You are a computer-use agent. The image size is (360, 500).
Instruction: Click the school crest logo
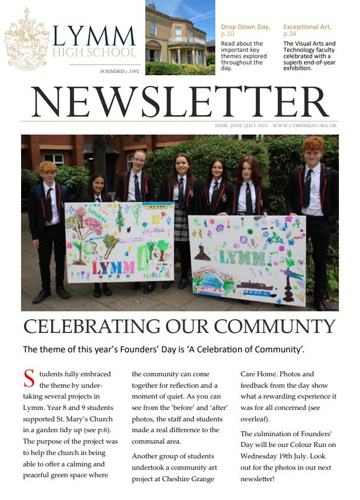(26, 39)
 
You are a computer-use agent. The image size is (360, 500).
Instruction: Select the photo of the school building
(180, 38)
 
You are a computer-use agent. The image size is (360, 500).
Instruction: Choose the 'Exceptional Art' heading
(307, 27)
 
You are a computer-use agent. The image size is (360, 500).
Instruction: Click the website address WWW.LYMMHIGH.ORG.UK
(305, 125)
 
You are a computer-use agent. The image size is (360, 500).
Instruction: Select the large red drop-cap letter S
(29, 379)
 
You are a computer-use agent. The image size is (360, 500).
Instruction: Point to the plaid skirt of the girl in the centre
(181, 225)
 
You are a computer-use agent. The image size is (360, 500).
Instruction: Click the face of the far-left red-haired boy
(49, 174)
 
